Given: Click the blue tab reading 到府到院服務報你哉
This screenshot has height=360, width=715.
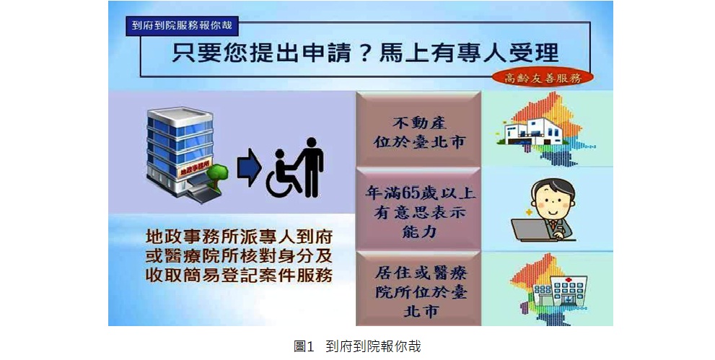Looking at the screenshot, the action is [x=182, y=25].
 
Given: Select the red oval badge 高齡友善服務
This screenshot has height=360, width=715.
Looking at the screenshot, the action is [x=543, y=77].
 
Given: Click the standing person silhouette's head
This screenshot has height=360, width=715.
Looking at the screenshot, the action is [x=312, y=144].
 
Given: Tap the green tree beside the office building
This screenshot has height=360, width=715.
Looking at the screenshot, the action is [x=217, y=175].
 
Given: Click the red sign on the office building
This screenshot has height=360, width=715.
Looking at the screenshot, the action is [x=191, y=171].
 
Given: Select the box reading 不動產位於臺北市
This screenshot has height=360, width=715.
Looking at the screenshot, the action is [x=418, y=130].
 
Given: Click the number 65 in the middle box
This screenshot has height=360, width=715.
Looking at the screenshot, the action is [x=409, y=193].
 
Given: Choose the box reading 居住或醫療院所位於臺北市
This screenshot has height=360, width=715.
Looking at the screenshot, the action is [x=418, y=289].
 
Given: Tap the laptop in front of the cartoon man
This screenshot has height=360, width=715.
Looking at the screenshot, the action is [x=533, y=229].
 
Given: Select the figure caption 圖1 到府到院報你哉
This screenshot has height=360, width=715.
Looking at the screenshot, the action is [x=357, y=347].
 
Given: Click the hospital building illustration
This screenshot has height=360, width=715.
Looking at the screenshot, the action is [x=560, y=291].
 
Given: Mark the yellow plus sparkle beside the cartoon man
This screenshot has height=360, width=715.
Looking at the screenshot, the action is [x=529, y=212].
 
